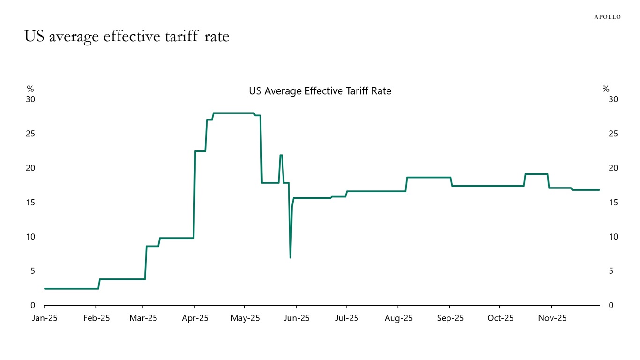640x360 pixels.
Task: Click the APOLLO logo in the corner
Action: (x=607, y=17)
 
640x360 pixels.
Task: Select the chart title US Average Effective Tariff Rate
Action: (x=320, y=91)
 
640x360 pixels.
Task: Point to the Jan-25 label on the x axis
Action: (x=44, y=318)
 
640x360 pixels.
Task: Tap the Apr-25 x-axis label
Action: (x=194, y=318)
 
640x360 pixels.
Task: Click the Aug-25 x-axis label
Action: (x=398, y=318)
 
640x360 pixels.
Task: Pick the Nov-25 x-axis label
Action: (x=552, y=318)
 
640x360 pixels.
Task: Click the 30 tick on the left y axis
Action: (x=30, y=99)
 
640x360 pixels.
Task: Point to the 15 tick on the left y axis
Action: (x=30, y=202)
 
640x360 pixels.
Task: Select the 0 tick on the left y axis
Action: (x=33, y=305)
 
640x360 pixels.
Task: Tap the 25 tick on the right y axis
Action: (x=613, y=134)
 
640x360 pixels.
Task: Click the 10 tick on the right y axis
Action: (x=613, y=237)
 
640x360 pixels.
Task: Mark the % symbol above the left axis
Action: (x=30, y=89)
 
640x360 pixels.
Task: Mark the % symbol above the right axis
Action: (x=605, y=89)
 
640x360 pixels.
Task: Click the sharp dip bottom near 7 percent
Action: (x=290, y=257)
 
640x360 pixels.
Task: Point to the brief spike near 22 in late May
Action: (x=281, y=155)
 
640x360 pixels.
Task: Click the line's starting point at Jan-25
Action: (x=45, y=289)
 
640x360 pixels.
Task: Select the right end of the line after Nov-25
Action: (x=599, y=190)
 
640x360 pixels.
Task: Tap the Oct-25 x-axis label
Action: (x=500, y=318)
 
